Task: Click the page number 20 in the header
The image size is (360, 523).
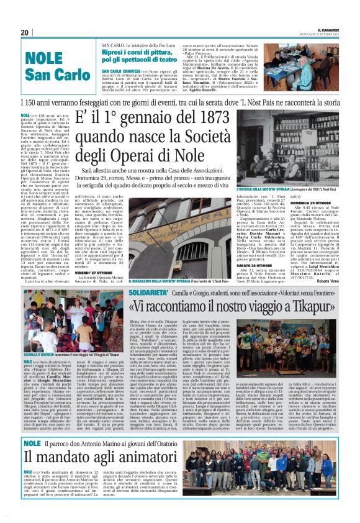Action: (x=25, y=32)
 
